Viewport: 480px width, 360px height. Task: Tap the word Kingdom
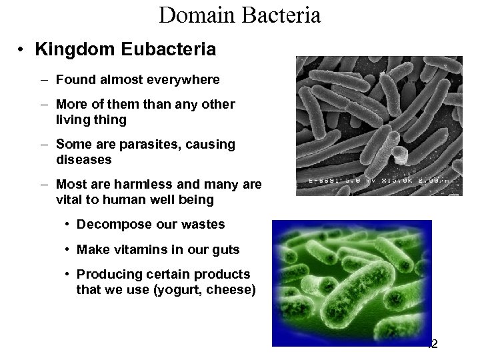(69, 50)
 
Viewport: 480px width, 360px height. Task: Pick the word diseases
(85, 160)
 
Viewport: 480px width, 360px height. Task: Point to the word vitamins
(138, 249)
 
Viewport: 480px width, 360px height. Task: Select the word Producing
(106, 275)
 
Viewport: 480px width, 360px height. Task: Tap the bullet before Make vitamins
(69, 249)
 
